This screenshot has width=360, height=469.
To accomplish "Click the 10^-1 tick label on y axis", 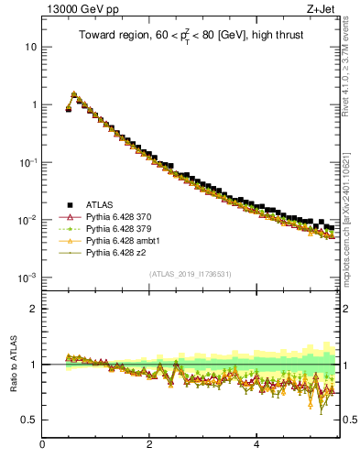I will pos(27,162).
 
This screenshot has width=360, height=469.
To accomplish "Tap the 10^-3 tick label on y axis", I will pos(27,278).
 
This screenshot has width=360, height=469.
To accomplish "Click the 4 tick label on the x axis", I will pos(256,446).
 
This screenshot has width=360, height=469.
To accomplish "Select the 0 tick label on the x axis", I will pos(42,446).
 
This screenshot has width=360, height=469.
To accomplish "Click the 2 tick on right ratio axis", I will pos(347,309).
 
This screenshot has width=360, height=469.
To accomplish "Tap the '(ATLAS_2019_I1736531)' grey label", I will pos(191,274).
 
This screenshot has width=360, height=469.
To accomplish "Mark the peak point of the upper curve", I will pos(74,93).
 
